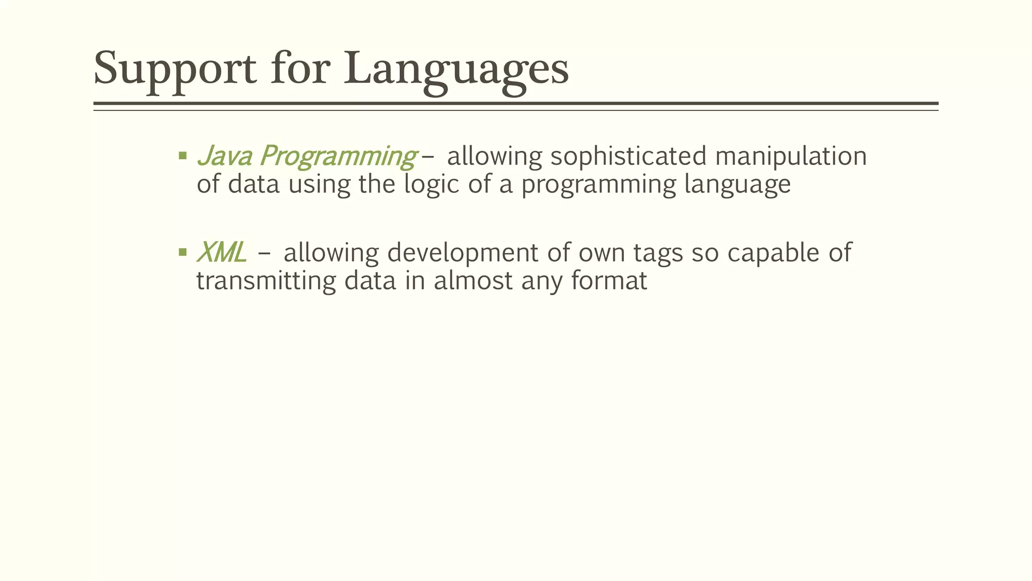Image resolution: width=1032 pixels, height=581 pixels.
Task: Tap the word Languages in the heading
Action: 457,69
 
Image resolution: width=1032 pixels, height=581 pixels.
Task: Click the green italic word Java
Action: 224,155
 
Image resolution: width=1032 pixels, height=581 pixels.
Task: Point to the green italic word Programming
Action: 338,156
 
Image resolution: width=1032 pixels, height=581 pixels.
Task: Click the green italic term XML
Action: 221,252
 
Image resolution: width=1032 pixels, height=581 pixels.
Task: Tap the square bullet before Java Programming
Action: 183,155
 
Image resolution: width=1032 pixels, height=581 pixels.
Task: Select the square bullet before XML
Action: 183,252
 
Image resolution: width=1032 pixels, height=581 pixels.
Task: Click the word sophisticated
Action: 628,156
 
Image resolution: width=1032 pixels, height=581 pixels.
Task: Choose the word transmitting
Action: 266,281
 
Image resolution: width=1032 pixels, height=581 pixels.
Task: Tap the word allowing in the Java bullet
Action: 494,156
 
